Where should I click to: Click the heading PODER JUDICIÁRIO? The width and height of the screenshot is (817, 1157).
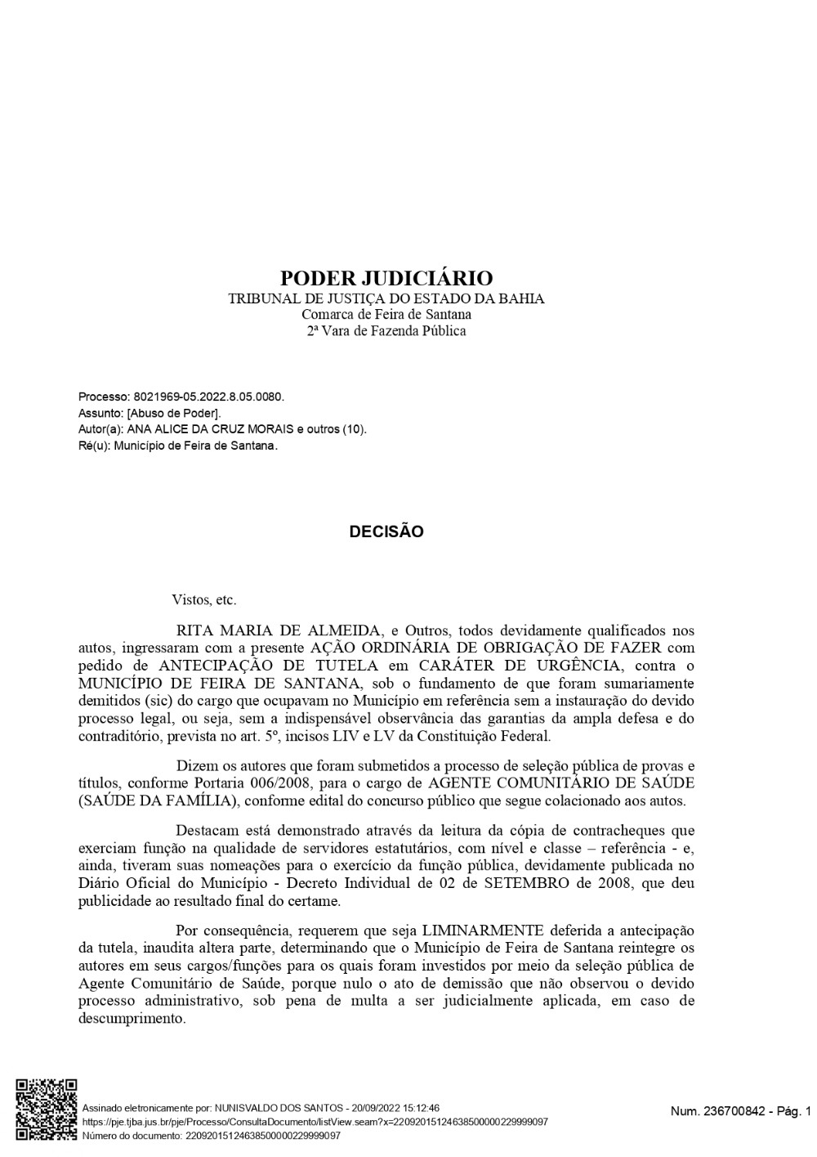[386, 278]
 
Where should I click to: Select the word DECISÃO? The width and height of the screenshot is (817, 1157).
[386, 531]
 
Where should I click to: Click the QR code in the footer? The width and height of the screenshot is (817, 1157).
[47, 1110]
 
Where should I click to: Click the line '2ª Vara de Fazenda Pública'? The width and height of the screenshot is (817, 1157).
[386, 331]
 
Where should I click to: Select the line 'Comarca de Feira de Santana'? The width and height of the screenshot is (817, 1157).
[386, 315]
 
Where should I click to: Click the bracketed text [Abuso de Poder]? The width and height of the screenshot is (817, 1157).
[174, 413]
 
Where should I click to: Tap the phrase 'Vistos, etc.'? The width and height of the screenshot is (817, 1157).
[204, 600]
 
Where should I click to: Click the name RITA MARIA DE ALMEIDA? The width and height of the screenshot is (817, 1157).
[279, 630]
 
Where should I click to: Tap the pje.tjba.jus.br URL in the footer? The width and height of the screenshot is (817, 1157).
[315, 1122]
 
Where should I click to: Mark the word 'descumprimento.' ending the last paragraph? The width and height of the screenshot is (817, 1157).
[132, 1020]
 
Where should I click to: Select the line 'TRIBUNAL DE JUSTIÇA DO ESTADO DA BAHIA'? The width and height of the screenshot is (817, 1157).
[386, 298]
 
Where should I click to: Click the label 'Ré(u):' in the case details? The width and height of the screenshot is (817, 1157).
[95, 446]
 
